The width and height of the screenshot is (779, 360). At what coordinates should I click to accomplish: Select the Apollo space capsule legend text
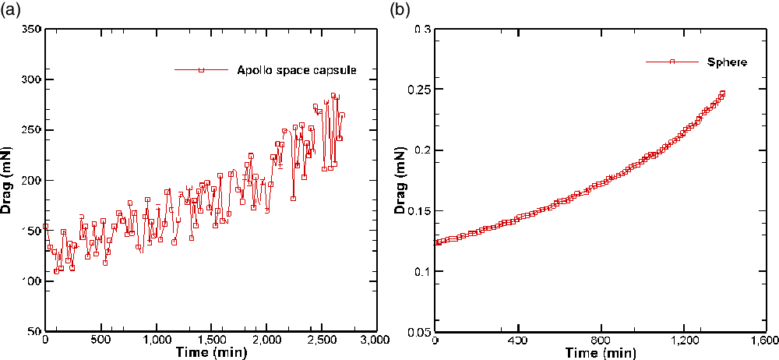click(x=297, y=70)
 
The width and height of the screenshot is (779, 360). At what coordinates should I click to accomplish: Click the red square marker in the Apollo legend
click(x=201, y=70)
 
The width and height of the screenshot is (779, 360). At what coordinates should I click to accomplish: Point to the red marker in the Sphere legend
click(x=671, y=61)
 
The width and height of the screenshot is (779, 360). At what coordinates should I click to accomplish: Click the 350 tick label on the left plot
click(x=30, y=29)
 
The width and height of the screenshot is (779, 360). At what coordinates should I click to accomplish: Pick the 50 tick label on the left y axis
click(x=33, y=331)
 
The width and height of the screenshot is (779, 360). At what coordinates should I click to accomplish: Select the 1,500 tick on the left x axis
click(x=210, y=341)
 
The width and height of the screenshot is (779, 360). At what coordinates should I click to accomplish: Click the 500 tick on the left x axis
click(x=100, y=341)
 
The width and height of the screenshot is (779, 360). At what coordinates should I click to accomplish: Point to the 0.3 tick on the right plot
click(x=422, y=29)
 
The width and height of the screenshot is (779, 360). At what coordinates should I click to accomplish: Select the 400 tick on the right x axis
click(x=517, y=341)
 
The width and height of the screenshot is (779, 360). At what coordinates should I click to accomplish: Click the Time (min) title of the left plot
click(x=210, y=353)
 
